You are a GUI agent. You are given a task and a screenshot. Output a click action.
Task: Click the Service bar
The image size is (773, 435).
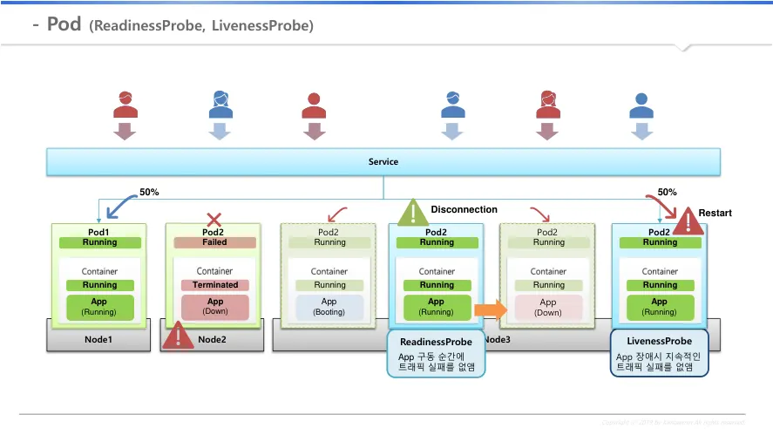point(383,162)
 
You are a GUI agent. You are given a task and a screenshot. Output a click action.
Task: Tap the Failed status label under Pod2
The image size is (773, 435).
point(214,242)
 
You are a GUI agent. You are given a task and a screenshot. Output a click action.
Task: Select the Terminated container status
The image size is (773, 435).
point(214,285)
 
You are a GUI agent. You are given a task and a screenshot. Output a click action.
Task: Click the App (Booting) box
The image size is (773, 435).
point(329,307)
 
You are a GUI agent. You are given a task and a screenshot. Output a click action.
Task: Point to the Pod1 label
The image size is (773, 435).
point(99,233)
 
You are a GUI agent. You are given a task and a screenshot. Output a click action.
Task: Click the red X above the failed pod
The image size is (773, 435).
point(214,220)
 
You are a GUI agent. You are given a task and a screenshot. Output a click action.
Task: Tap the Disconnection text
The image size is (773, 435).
point(464,210)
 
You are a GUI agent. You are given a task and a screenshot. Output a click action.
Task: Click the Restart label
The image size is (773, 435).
point(715,214)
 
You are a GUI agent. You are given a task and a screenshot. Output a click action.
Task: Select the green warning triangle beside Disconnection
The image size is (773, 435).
point(413,214)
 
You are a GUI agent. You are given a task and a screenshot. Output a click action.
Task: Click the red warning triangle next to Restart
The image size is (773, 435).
point(688,221)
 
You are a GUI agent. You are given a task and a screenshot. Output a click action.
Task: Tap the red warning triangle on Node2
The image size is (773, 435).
point(178,336)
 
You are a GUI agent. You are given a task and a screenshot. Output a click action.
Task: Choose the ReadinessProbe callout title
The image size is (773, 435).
point(436,343)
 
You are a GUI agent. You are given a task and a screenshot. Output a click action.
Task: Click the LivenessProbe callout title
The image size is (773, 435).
point(660,341)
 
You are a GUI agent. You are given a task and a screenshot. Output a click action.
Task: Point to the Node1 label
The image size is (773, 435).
point(98,339)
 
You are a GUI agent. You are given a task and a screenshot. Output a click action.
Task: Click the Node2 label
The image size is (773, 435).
point(212,339)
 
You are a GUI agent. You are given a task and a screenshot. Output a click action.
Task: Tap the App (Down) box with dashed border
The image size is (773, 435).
point(548,307)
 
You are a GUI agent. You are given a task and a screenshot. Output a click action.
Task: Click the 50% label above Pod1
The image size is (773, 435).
point(149,193)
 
